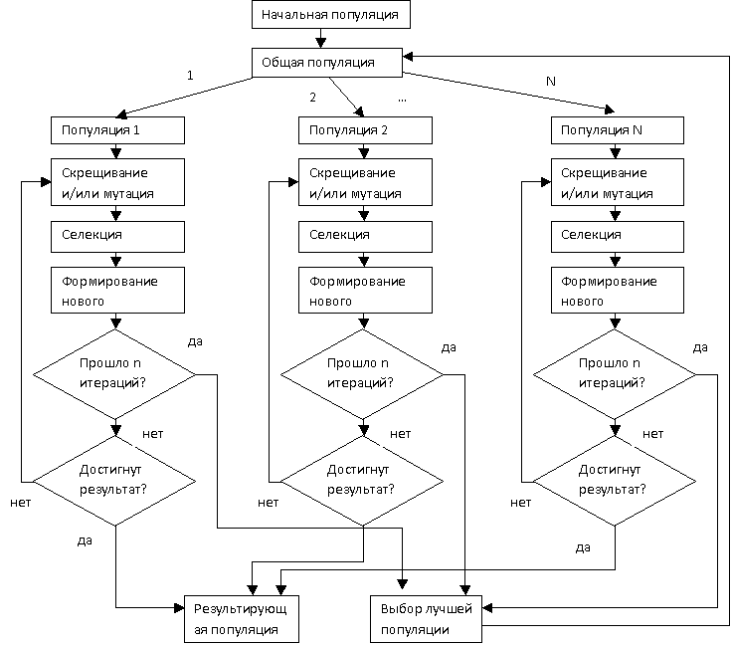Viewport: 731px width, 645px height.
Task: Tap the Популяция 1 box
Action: [x=117, y=130]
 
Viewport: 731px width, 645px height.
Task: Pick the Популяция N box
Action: [x=618, y=130]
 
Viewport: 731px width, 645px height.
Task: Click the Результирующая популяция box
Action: [x=242, y=618]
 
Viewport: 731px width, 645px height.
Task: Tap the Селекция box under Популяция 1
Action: [x=117, y=235]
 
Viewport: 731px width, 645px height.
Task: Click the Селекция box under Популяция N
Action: [x=618, y=235]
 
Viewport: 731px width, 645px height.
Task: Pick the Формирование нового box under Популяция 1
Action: [x=117, y=291]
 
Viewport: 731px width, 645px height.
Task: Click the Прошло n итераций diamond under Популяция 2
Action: [x=363, y=375]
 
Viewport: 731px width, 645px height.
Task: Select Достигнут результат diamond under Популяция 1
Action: [x=114, y=479]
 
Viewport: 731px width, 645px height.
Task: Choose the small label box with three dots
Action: [x=402, y=98]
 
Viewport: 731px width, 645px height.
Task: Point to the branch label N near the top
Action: [x=550, y=80]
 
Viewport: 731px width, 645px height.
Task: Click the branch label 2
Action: [x=312, y=98]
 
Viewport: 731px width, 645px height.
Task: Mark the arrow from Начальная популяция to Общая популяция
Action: [x=319, y=39]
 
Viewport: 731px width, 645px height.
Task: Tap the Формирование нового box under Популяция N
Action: [x=618, y=291]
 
